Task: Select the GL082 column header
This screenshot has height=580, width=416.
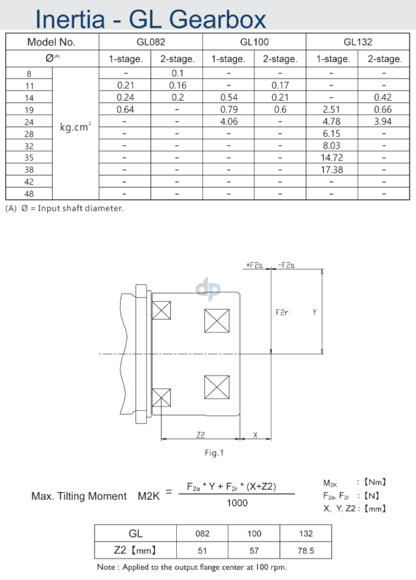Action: point(151,42)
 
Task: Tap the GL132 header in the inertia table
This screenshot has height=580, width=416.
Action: point(358,42)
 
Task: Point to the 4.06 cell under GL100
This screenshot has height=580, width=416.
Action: point(228,122)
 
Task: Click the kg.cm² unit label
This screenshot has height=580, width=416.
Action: point(76,128)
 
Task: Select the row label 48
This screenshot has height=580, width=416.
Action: point(29,194)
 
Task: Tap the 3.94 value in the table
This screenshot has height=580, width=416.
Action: point(383,122)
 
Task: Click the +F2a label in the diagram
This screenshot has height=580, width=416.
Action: point(254,265)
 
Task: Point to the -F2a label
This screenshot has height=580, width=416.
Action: point(286,265)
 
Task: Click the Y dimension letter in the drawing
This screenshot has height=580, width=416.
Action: point(314,312)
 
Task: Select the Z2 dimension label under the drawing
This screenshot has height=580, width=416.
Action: point(201,435)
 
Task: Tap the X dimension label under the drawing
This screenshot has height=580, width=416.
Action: point(255,435)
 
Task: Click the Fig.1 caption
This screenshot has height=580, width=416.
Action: point(214,453)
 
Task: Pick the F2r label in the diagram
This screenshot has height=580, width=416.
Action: point(282,312)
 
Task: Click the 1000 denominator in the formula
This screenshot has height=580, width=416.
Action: point(237,502)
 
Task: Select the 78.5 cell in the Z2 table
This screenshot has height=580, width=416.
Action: point(306,551)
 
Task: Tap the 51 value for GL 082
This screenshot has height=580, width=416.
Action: point(202,551)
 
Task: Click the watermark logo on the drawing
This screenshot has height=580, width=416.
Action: point(208,289)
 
